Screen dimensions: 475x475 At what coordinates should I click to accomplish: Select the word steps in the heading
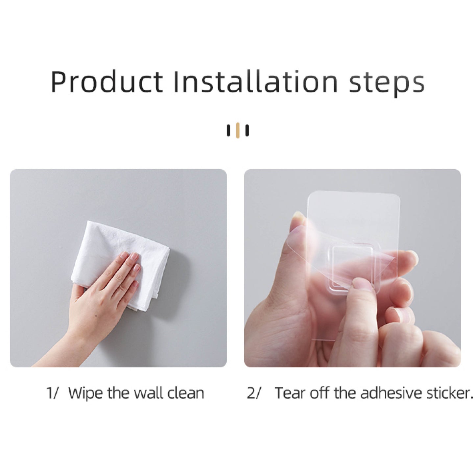387,84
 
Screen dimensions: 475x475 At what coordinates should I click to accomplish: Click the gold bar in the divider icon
238,130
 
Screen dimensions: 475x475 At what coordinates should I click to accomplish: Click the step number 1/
53,393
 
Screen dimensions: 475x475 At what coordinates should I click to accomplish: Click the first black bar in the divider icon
228,131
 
